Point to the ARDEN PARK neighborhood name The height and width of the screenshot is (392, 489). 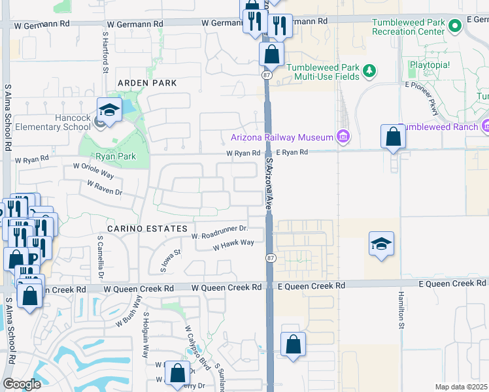[x=147, y=83]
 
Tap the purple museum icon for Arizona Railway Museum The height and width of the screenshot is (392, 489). [x=342, y=137]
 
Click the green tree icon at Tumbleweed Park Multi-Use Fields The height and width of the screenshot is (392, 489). [x=369, y=70]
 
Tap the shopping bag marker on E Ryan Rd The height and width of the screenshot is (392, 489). [x=393, y=137]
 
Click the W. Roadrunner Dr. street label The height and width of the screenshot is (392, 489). [x=220, y=230]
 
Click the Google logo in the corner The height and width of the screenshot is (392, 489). [x=22, y=384]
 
